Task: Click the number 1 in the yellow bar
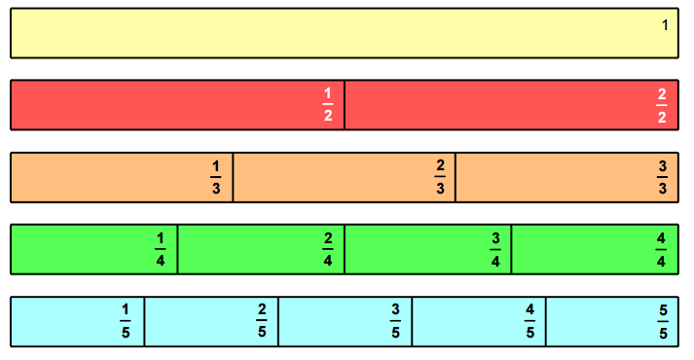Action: [x=665, y=25]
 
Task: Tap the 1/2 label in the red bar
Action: [x=328, y=105]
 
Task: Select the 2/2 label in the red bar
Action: [x=662, y=105]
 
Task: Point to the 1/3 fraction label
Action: [x=216, y=177]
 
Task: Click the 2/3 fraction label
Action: [x=440, y=177]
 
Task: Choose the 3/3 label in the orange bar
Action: [x=663, y=177]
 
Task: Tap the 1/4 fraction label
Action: [x=161, y=249]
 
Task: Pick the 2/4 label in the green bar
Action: [x=328, y=249]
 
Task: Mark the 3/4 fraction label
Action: [x=495, y=249]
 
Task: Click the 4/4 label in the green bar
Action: [x=662, y=249]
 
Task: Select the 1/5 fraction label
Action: [x=125, y=321]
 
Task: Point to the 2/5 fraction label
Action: [x=262, y=321]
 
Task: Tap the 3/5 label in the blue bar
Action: [x=395, y=321]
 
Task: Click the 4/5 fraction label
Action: [x=530, y=321]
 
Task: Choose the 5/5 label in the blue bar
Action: [x=663, y=321]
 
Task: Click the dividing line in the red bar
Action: [x=345, y=105]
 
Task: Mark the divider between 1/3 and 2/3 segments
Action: [x=233, y=177]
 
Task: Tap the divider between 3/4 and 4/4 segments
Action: [x=512, y=249]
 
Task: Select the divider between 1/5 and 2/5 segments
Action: [x=144, y=321]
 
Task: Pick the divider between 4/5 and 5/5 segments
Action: [x=545, y=321]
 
